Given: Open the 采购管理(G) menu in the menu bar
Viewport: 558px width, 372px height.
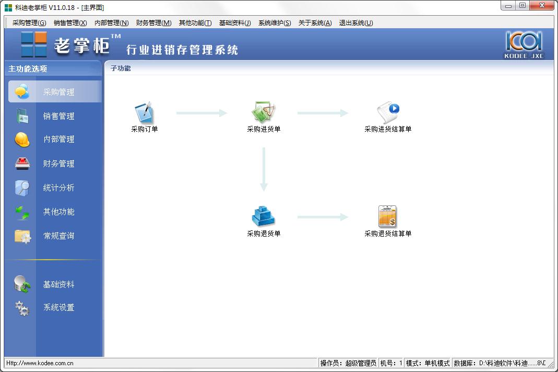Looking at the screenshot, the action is [29, 23].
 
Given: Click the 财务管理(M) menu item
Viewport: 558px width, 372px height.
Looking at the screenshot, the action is [154, 23].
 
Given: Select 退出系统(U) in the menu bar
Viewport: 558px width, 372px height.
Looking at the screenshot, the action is [356, 23].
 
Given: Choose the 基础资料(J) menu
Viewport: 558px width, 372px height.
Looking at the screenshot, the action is [235, 23].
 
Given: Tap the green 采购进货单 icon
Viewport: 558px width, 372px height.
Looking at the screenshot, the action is [264, 112].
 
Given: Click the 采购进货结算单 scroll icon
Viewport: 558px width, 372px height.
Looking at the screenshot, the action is [388, 112].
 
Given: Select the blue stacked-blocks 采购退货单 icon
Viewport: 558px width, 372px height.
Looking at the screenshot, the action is [264, 216].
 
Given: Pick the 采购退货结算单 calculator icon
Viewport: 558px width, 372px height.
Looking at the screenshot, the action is [387, 216].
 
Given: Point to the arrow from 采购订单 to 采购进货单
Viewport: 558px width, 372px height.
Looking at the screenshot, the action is [201, 113].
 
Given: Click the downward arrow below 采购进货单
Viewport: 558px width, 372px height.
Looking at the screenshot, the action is [264, 169].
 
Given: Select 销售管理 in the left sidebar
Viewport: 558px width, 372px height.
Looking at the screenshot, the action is [58, 116].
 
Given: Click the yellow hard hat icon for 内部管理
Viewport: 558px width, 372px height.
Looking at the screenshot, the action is [22, 140].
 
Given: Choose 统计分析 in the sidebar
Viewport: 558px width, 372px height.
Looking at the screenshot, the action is [58, 188].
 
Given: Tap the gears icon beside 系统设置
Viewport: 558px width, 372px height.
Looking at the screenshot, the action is [22, 308].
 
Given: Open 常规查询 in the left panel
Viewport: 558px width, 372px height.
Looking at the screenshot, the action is [58, 236].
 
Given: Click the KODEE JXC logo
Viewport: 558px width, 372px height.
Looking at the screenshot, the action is [524, 45].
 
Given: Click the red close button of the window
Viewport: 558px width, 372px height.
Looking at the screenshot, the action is [542, 5].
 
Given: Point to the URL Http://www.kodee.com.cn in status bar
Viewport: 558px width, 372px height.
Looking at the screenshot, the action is [40, 363].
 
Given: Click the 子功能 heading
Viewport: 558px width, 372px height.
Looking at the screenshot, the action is [121, 68].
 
